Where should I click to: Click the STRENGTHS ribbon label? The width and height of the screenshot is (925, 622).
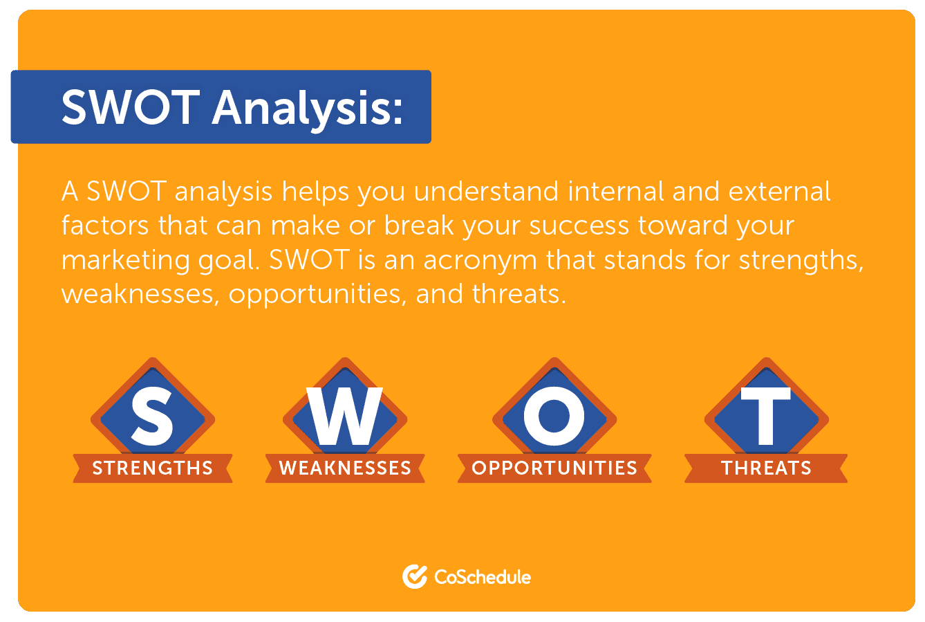(152, 468)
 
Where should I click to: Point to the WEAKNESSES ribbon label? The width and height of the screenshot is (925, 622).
(345, 468)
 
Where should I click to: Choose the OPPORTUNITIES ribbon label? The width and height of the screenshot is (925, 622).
(554, 468)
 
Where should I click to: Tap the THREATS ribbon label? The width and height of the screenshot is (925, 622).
(766, 468)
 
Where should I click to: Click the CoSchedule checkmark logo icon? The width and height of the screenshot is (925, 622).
(415, 576)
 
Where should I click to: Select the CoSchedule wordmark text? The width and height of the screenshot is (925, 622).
(483, 577)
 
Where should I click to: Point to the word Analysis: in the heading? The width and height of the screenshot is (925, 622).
(307, 109)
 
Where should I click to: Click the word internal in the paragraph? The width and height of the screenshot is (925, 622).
(615, 191)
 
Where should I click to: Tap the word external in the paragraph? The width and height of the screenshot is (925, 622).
(780, 192)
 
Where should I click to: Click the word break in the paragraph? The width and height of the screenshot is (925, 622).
(419, 226)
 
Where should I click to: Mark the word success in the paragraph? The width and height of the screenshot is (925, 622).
(579, 226)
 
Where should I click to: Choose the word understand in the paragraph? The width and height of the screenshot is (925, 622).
(486, 191)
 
